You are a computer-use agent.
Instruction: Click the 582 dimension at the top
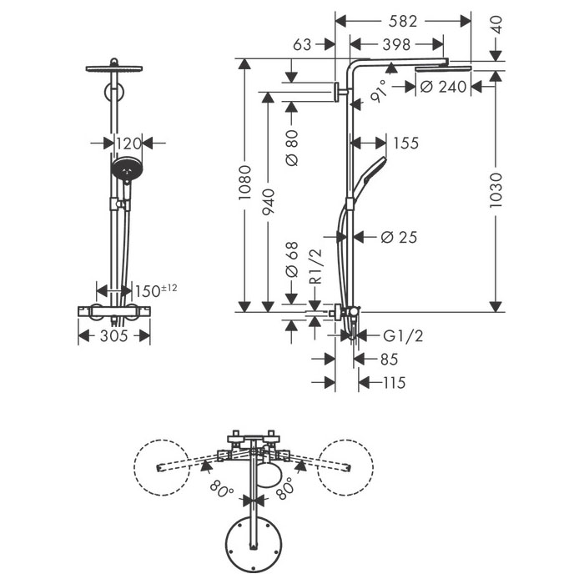coord(403,21)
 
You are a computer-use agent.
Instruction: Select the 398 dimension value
coord(396,45)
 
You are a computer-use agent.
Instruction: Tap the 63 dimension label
coord(302,45)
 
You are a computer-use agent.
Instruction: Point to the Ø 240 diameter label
coord(443,87)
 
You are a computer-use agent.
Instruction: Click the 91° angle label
coord(380,91)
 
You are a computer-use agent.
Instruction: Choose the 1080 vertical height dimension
coord(244,183)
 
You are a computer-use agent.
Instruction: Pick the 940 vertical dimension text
coord(268,202)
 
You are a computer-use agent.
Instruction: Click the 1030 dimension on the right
coord(496,190)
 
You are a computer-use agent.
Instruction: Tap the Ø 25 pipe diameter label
coord(399,237)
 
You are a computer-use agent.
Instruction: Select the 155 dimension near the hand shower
coord(406,143)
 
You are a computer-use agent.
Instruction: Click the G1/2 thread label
coord(403,336)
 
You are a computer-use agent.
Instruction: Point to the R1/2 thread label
coord(315,267)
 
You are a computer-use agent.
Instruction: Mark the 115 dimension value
coord(394,382)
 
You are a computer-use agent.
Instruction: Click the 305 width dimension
coord(114,336)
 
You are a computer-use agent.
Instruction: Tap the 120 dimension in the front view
coord(128,143)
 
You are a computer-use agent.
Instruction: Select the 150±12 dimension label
coord(156,290)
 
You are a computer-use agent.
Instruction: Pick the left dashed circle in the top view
coord(162,467)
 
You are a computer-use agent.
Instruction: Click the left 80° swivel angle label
coord(222,489)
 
